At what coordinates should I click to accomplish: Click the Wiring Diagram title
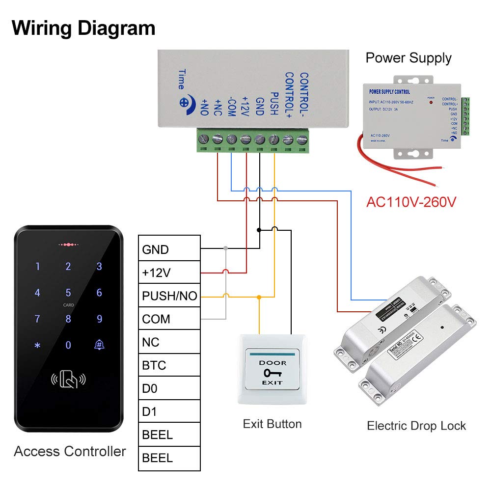coord(83,28)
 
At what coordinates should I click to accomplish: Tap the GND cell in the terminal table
coord(169,249)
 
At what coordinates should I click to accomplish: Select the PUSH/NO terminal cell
coord(169,296)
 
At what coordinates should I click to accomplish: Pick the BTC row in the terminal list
coord(169,365)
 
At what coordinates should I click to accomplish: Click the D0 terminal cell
coord(169,388)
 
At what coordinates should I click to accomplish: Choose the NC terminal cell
coord(169,342)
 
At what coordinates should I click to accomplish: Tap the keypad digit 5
coord(68,293)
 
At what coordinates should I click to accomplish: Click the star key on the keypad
coord(37,345)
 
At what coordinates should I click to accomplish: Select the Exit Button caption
coord(272,424)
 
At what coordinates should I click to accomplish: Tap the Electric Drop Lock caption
coord(416,426)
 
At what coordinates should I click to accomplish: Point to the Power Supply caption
coord(409,58)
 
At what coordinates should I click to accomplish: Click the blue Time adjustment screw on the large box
coord(185,103)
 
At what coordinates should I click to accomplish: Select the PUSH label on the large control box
coord(274,104)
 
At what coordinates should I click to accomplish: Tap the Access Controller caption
coord(70,451)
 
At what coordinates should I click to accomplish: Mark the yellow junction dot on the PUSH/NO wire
coord(259,297)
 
